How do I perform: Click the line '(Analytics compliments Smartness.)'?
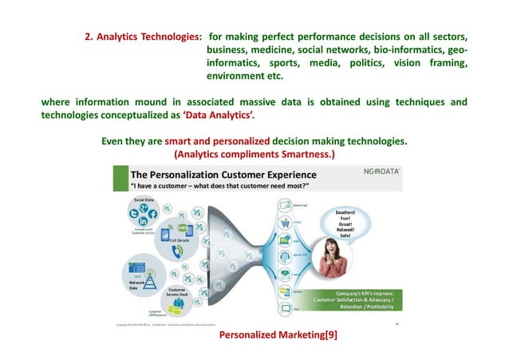[254, 153]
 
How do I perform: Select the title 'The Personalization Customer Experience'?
[223, 175]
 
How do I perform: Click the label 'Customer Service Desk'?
[178, 291]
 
